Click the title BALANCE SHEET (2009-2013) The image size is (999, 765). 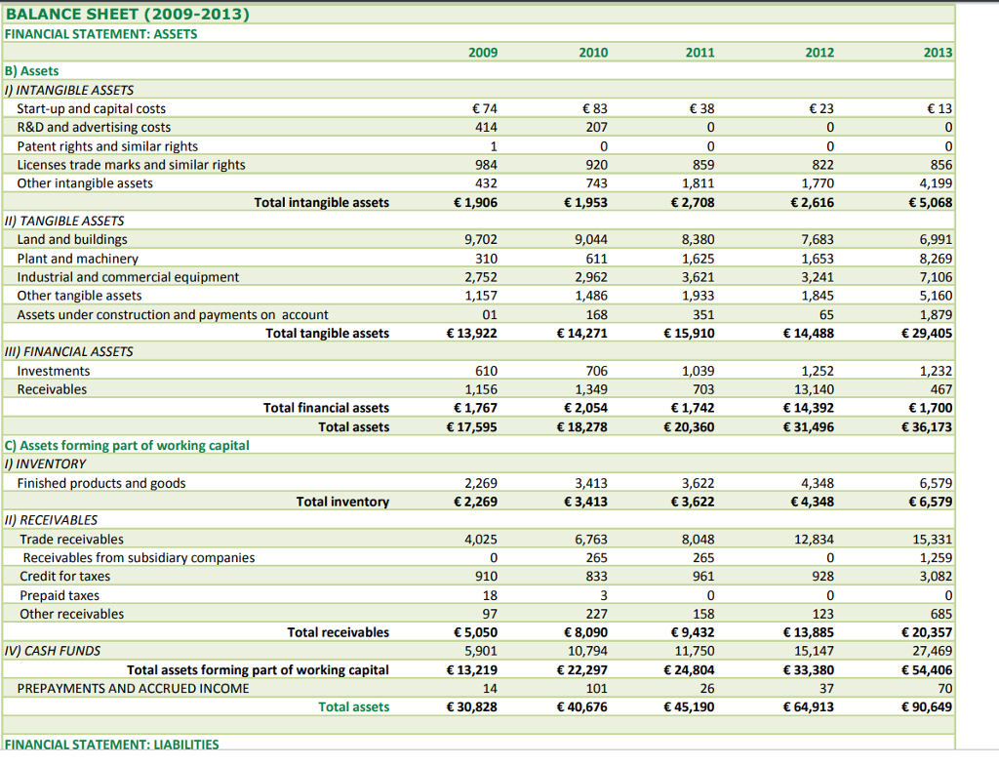pos(127,15)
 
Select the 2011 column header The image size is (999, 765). pos(699,53)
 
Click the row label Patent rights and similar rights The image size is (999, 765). pos(107,146)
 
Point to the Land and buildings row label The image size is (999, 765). pos(72,240)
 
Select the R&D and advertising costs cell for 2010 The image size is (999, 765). pos(596,128)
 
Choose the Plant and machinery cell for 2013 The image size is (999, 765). pos(936,259)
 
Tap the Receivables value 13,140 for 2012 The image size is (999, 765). pos(817,390)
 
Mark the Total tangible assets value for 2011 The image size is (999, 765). pos(690,334)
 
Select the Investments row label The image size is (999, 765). pos(54,372)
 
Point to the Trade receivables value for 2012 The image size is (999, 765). pos(817,540)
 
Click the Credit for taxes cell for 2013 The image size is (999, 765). pos(936,577)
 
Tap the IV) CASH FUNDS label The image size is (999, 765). pos(53,651)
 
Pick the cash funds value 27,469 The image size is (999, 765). pos(932,651)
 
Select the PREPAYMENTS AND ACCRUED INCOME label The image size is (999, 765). pos(133,689)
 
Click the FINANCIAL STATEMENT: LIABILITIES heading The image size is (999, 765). pos(112,745)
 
